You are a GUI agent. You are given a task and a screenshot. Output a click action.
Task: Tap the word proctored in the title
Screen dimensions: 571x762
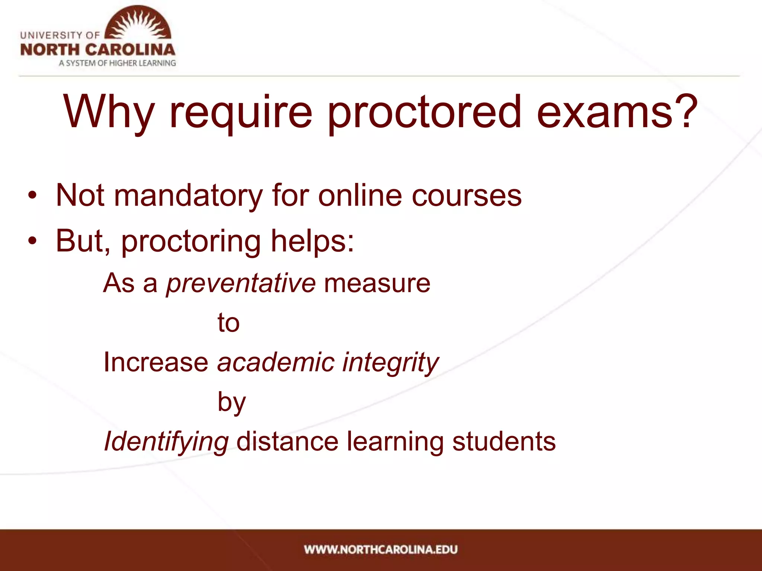(x=424, y=112)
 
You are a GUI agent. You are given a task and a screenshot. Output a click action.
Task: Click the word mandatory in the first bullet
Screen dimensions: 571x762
(x=188, y=196)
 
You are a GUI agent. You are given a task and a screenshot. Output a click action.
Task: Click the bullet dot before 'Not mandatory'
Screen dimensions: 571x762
(x=32, y=196)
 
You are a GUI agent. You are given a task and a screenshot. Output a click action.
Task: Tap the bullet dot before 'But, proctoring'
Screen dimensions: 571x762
(x=32, y=241)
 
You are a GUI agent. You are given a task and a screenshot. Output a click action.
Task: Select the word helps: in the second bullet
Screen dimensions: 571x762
(x=313, y=241)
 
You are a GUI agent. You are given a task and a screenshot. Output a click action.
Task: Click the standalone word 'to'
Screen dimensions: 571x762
(x=228, y=323)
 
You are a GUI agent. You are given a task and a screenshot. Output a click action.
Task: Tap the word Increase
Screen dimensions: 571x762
(x=156, y=362)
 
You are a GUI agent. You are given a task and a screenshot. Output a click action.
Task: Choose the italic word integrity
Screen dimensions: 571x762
(x=390, y=363)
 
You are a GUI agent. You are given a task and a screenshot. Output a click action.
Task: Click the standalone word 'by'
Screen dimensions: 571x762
(x=231, y=403)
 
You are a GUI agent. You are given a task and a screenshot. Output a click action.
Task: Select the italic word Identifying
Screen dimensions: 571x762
(x=166, y=442)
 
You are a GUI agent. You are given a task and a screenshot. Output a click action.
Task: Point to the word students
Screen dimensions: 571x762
(x=504, y=442)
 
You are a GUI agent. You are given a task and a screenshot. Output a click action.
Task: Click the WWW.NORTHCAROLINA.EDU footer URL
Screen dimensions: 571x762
(x=381, y=549)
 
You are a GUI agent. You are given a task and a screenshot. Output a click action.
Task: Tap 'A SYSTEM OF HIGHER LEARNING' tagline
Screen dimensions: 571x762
(x=117, y=63)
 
